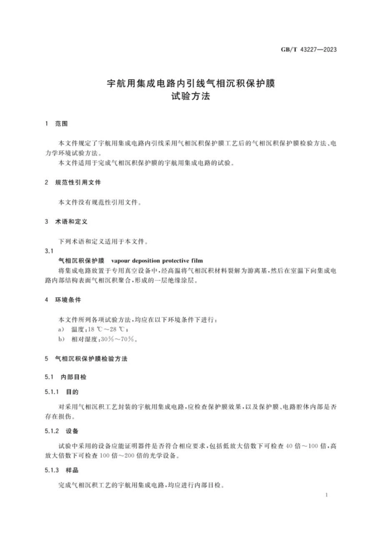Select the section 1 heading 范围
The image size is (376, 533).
click(61, 124)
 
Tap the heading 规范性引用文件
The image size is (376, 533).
click(78, 182)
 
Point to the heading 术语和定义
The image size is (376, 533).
click(71, 222)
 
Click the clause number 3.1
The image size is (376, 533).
click(49, 251)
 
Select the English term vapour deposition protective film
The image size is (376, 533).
click(157, 261)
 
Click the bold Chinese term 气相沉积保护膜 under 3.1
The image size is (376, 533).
click(81, 261)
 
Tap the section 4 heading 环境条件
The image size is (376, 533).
click(68, 300)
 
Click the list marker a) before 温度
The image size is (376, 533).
click(61, 329)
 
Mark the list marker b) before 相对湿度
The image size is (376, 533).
click(61, 339)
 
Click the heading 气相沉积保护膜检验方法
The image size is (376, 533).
click(91, 359)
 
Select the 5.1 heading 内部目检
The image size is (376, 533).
click(74, 377)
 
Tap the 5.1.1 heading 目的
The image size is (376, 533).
click(72, 392)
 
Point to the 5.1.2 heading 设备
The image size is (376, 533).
click(72, 431)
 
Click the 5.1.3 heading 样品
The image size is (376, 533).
click(72, 470)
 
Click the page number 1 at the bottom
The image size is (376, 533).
click(327, 495)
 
